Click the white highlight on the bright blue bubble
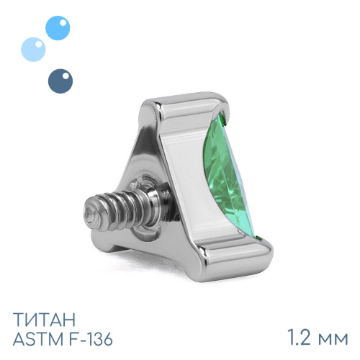[63, 22]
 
